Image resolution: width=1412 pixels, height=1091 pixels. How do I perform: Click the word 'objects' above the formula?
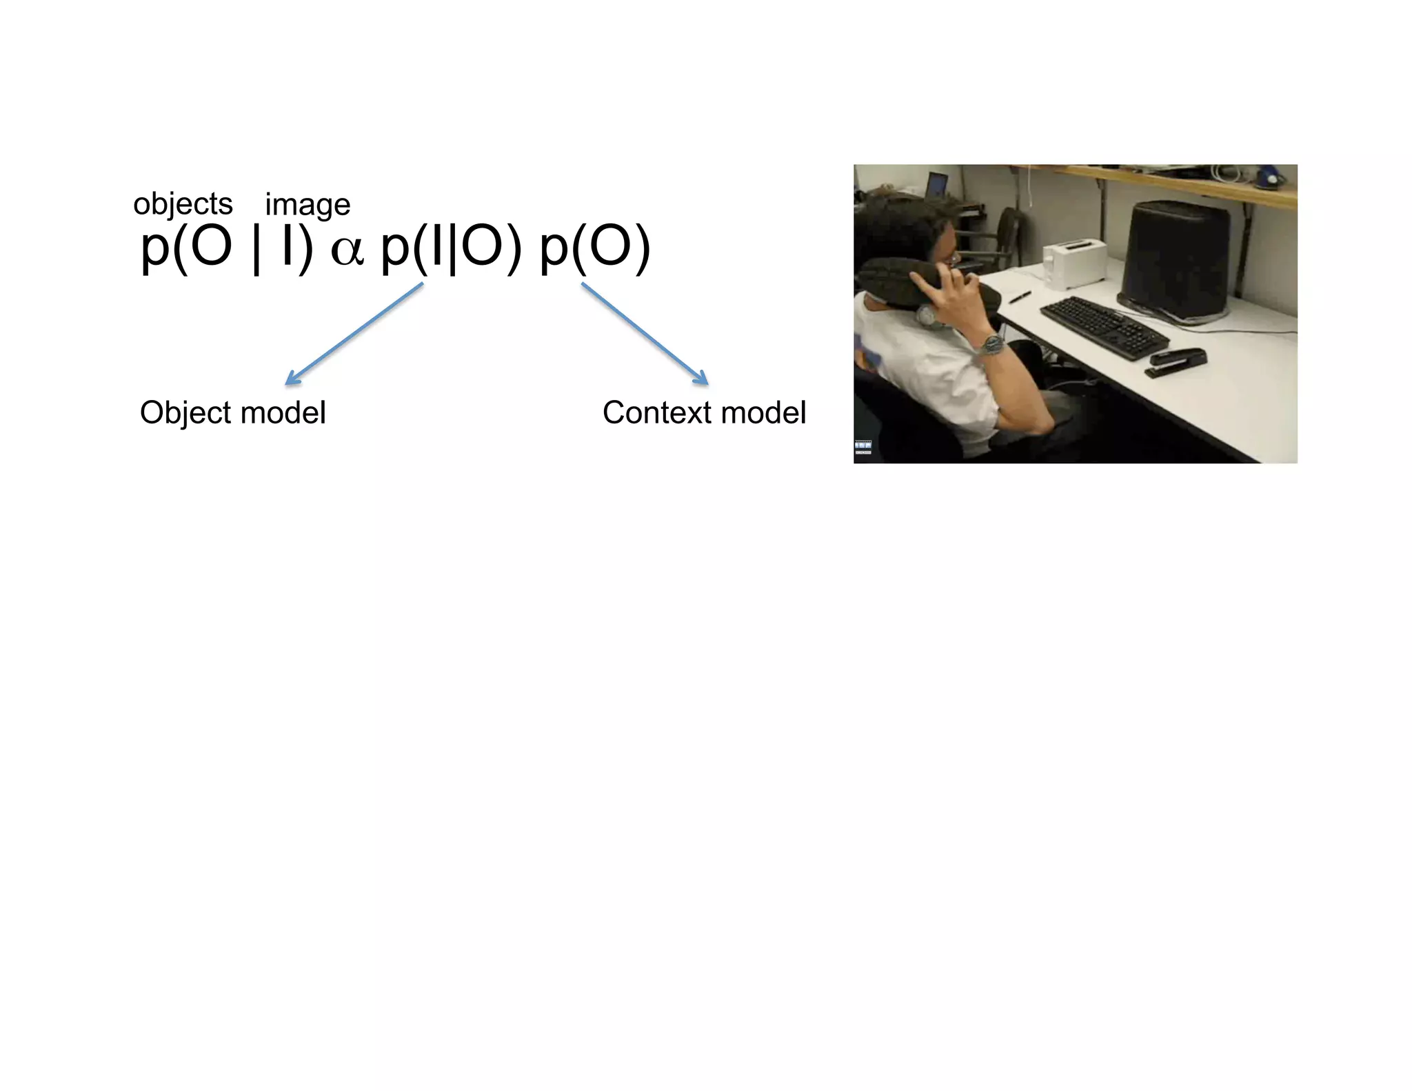tap(183, 204)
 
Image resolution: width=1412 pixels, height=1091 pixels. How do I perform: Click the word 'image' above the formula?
tap(307, 205)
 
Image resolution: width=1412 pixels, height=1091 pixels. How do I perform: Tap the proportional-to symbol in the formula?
tap(347, 250)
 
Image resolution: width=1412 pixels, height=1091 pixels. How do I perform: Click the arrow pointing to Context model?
tap(645, 334)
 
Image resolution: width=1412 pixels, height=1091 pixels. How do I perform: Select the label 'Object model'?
tap(232, 412)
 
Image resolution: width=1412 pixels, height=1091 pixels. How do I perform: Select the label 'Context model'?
tap(704, 412)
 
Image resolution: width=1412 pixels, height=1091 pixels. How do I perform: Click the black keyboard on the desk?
tap(1104, 328)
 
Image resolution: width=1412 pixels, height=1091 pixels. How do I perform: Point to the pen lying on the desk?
tap(1020, 297)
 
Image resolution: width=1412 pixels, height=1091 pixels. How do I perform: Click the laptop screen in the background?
tap(936, 185)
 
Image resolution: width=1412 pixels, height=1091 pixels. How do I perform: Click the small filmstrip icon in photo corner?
tap(863, 447)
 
